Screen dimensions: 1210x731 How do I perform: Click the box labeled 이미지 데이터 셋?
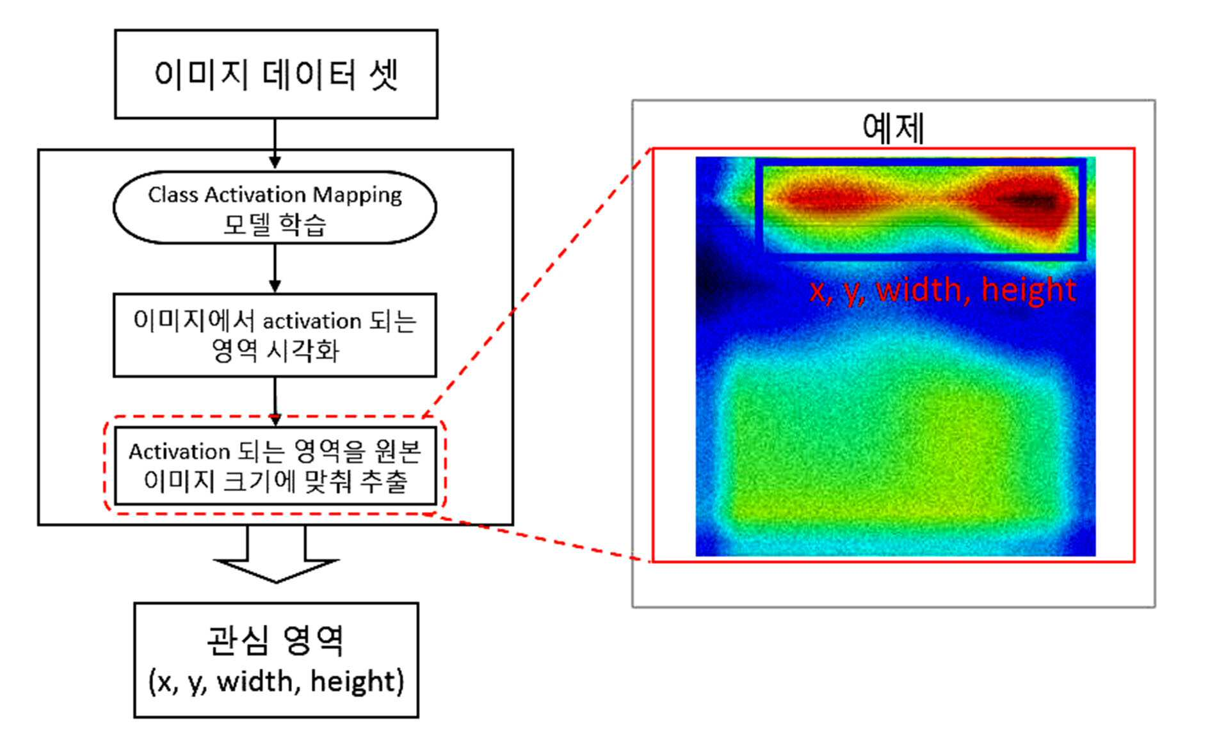(x=276, y=74)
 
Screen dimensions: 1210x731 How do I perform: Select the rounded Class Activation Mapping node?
(x=275, y=207)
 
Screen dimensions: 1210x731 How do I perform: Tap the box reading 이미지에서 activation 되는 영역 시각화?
(x=275, y=335)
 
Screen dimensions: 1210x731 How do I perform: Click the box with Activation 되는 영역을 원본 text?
(x=275, y=465)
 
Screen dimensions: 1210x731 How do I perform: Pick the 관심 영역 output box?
(x=276, y=660)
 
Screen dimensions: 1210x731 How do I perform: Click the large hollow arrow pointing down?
(x=276, y=554)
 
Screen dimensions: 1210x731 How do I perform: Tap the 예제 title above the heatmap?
(x=893, y=127)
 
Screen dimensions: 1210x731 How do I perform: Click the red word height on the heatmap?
(x=1028, y=289)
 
